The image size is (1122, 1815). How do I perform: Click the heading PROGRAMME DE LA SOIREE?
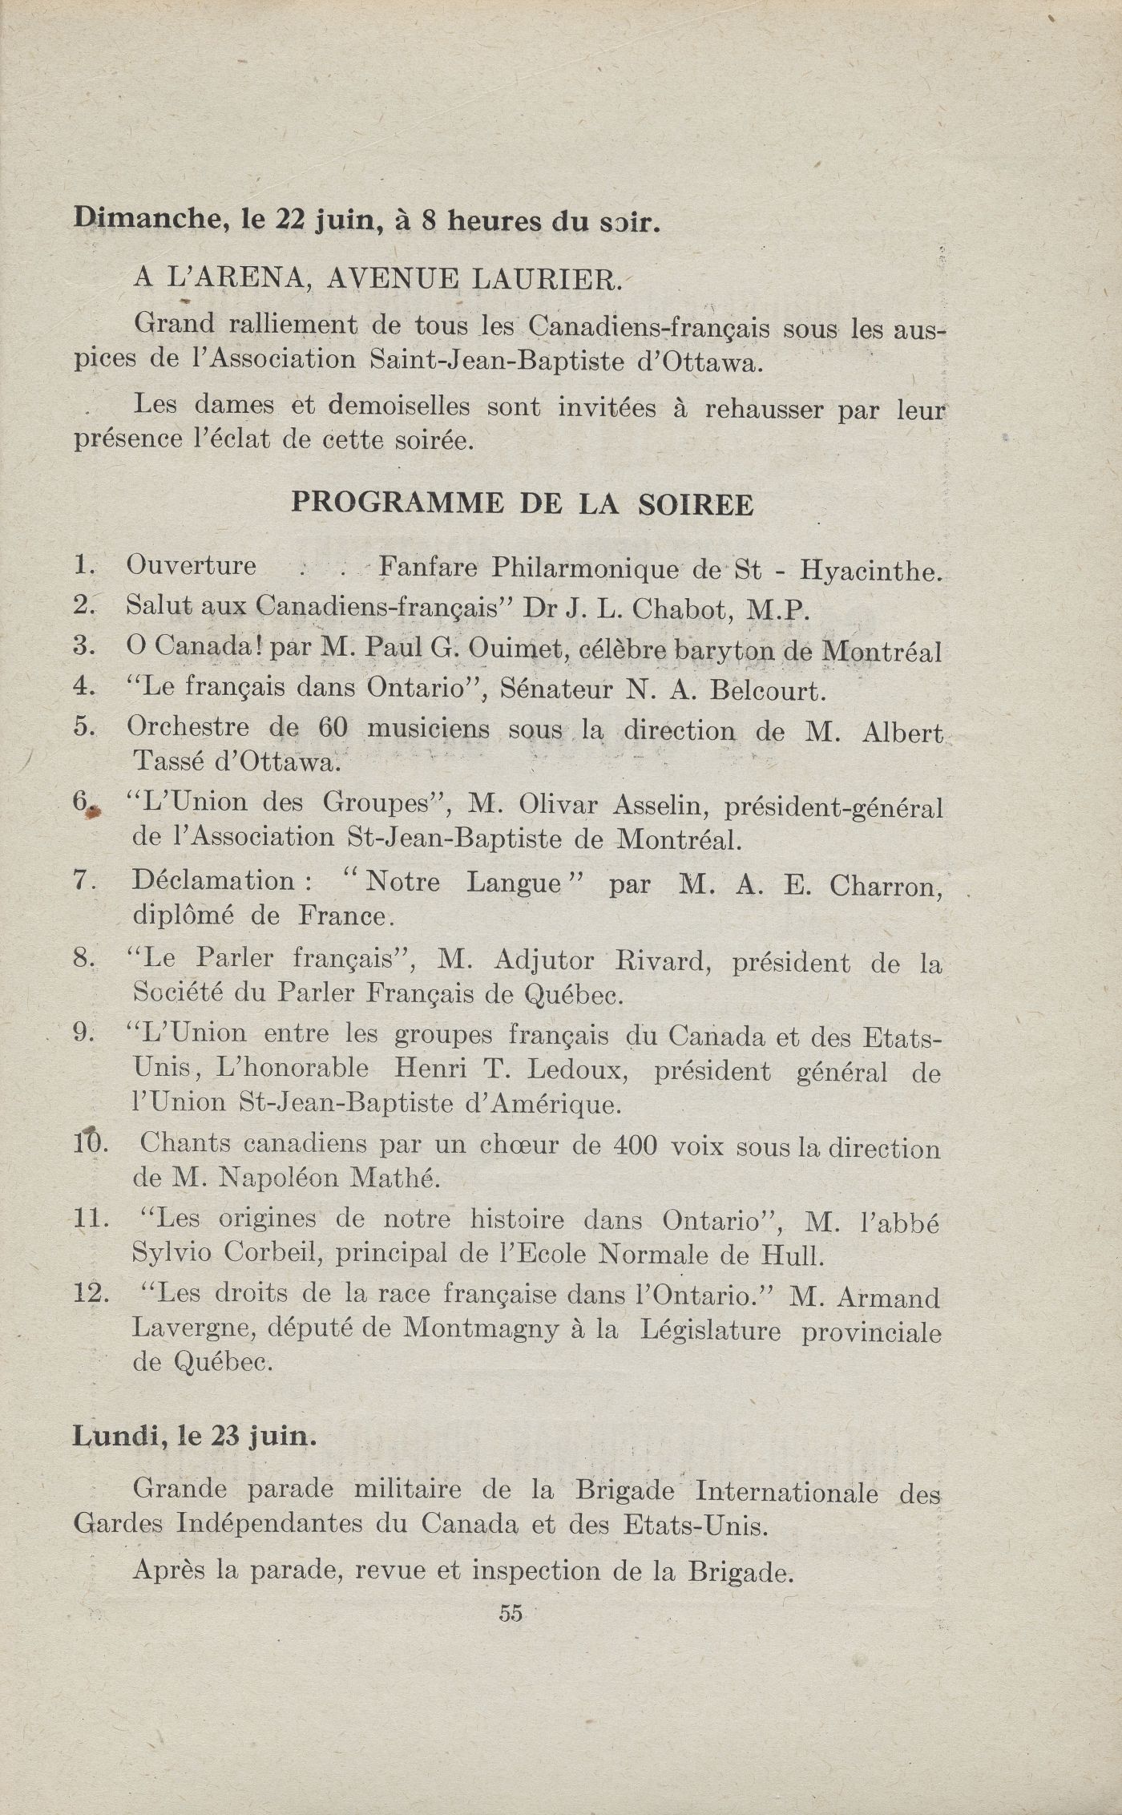(522, 503)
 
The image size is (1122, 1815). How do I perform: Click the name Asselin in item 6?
(659, 803)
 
